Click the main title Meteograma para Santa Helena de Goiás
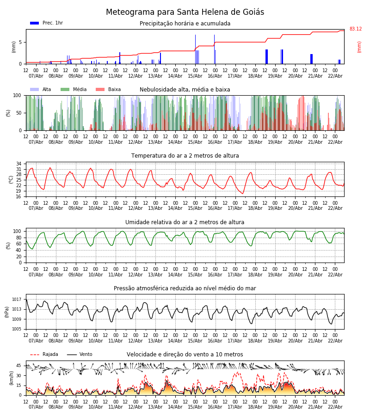click(185, 12)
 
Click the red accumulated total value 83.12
click(356, 29)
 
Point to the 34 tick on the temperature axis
click(19, 164)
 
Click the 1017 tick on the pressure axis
click(17, 300)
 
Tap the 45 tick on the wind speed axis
click(19, 366)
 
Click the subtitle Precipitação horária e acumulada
click(185, 24)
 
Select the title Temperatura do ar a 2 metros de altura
click(185, 156)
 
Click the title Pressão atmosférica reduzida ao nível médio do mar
click(185, 288)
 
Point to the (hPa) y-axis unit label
click(7, 311)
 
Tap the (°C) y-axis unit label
click(11, 179)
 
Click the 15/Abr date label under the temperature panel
click(195, 208)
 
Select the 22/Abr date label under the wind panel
click(335, 407)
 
